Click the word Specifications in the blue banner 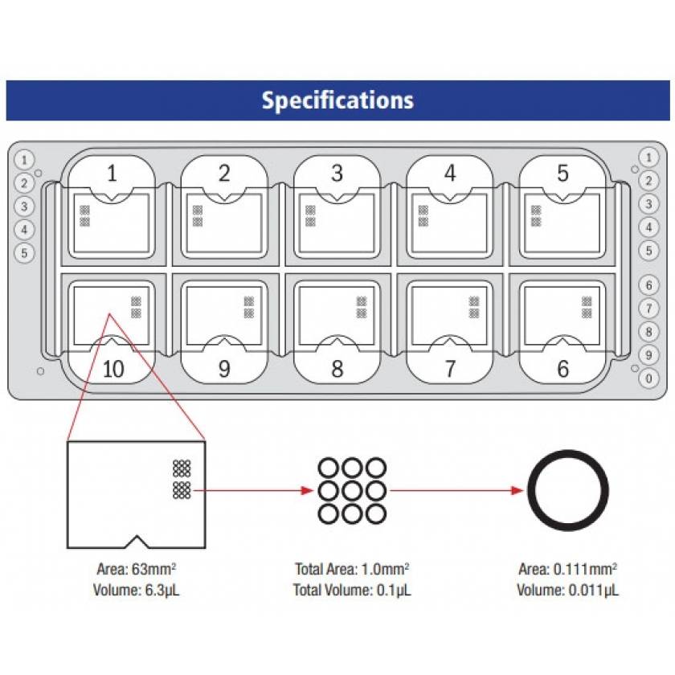click(337, 100)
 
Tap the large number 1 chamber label click(112, 173)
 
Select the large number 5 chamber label click(562, 173)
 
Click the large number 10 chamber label click(112, 369)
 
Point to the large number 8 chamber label click(337, 369)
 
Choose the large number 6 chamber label click(562, 369)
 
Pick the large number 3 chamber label click(337, 173)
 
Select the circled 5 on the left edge click(25, 252)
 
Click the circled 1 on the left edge click(25, 159)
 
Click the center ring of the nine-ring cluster click(353, 489)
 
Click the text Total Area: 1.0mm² click(353, 570)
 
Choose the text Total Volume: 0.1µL click(353, 591)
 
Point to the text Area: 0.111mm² click(567, 570)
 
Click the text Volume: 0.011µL click(567, 591)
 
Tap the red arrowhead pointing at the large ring click(517, 489)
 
